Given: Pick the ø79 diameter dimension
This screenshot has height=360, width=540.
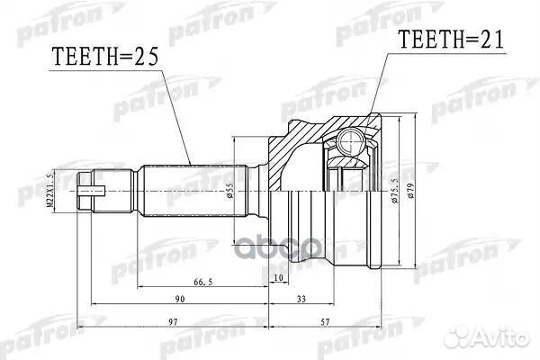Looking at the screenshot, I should (412, 191).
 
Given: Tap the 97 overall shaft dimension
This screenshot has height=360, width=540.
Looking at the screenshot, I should (173, 321).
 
